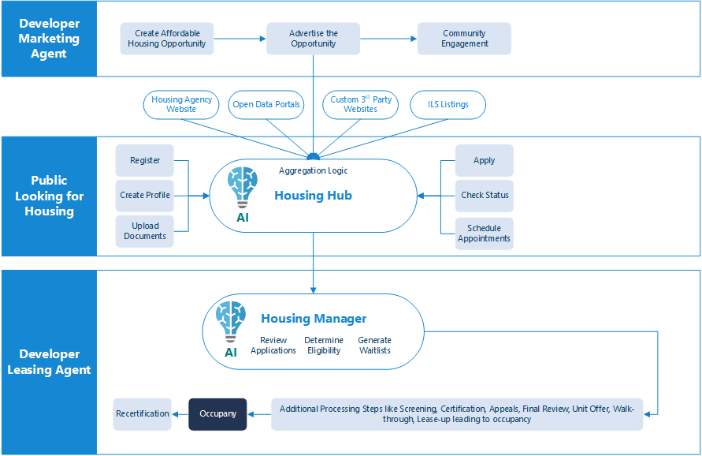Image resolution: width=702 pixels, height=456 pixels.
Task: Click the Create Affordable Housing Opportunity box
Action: pyautogui.click(x=167, y=39)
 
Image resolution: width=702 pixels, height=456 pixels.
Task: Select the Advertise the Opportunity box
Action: pyautogui.click(x=313, y=39)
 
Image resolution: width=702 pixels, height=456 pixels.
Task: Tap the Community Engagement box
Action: pyautogui.click(x=464, y=39)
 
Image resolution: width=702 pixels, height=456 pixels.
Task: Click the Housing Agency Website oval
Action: pyautogui.click(x=181, y=105)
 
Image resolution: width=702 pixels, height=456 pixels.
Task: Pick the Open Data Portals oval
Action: pyautogui.click(x=267, y=105)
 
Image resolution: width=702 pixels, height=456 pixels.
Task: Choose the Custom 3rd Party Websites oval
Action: pyautogui.click(x=360, y=105)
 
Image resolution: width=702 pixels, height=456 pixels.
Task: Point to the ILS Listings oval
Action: pyautogui.click(x=448, y=105)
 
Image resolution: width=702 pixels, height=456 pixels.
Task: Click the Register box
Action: pyautogui.click(x=144, y=161)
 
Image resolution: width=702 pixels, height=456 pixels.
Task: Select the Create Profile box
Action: pyautogui.click(x=144, y=196)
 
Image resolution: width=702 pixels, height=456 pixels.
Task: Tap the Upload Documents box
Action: pyautogui.click(x=144, y=231)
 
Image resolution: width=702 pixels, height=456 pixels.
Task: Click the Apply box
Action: pyautogui.click(x=484, y=161)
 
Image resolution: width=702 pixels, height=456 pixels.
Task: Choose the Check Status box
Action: pyautogui.click(x=484, y=196)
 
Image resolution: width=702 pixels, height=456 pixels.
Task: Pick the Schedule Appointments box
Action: pyautogui.click(x=484, y=234)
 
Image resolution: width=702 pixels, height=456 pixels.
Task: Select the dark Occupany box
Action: pyautogui.click(x=217, y=414)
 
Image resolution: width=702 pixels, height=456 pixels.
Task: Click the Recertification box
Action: pyautogui.click(x=143, y=414)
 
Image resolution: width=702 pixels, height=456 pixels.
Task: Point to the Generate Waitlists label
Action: pyautogui.click(x=374, y=346)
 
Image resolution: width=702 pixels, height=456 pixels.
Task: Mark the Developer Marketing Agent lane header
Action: pyautogui.click(x=49, y=39)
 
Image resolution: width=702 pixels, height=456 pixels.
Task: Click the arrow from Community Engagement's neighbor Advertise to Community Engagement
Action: pyautogui.click(x=388, y=39)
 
